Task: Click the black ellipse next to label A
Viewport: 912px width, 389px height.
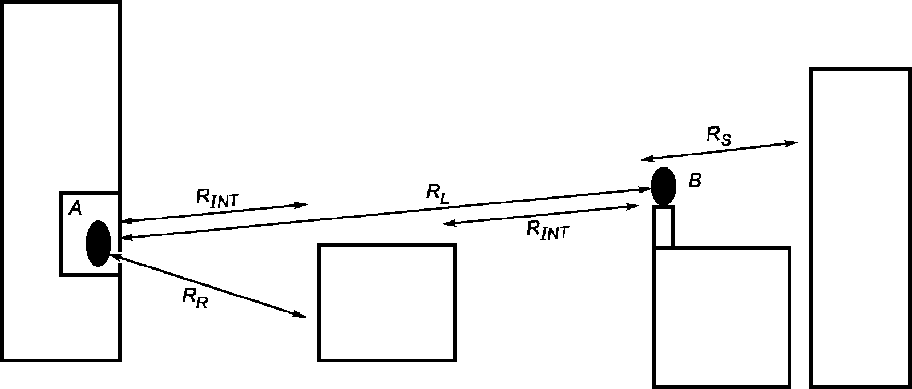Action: (98, 243)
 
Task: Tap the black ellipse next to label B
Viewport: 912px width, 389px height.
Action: (664, 186)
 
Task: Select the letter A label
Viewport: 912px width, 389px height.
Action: (75, 209)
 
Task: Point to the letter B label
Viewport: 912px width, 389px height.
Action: (695, 181)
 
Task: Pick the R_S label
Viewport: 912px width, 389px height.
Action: (719, 136)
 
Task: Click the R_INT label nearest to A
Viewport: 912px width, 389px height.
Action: (217, 198)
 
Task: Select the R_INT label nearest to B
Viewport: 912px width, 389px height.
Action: (548, 231)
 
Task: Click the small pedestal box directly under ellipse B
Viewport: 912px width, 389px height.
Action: (664, 227)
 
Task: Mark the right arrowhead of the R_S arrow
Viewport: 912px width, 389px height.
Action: (792, 143)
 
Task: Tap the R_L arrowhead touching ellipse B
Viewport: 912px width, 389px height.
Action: (645, 189)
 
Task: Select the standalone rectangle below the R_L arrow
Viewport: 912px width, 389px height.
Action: (386, 303)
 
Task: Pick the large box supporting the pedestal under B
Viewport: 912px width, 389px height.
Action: (721, 317)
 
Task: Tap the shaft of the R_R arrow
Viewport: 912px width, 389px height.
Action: (205, 286)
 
